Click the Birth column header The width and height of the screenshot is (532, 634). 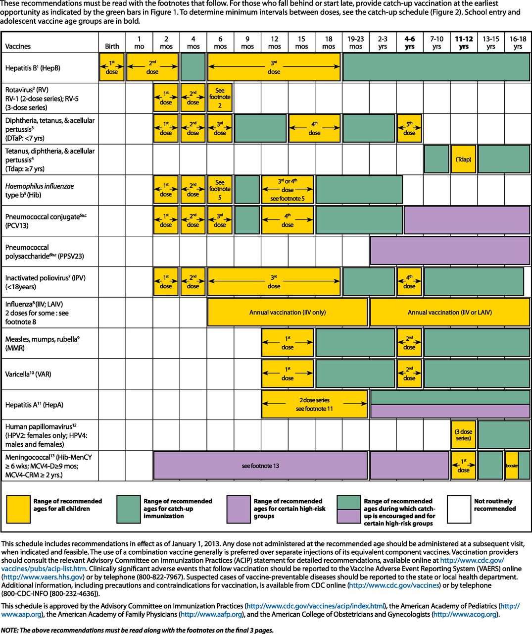tap(112, 46)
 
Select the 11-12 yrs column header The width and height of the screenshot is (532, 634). tap(464, 42)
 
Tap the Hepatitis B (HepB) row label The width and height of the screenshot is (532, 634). tap(33, 68)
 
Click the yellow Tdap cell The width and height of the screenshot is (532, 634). tap(463, 159)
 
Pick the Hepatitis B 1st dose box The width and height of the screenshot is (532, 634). tap(112, 68)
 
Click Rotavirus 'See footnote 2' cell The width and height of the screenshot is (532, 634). tap(220, 98)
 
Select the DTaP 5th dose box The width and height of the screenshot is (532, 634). tap(409, 129)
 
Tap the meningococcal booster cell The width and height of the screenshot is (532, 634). tap(512, 466)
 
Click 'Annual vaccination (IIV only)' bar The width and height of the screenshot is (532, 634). tap(287, 313)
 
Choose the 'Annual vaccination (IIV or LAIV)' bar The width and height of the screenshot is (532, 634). tap(449, 313)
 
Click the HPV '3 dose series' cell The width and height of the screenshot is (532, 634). tap(463, 435)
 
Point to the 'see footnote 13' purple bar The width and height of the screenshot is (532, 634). tap(260, 466)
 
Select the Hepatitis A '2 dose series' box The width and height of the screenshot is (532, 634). tap(314, 404)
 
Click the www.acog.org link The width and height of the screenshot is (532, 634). tap(465, 614)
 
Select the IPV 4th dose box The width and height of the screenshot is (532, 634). tap(409, 282)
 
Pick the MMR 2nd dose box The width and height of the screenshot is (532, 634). tap(409, 343)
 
